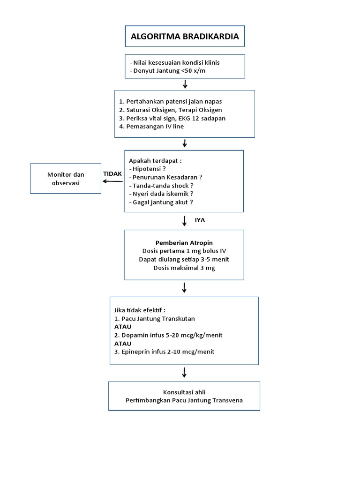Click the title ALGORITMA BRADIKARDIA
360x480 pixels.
click(184, 37)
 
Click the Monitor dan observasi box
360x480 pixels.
click(66, 179)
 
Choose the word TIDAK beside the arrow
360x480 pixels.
click(112, 173)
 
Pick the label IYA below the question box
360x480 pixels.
click(200, 220)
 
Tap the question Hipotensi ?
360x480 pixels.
click(150, 169)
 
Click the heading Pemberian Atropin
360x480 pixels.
click(184, 243)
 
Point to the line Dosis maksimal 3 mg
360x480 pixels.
click(184, 268)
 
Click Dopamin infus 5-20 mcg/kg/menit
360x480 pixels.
click(171, 335)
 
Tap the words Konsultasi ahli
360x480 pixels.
click(184, 392)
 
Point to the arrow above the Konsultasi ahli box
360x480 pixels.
click(184, 372)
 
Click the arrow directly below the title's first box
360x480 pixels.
click(185, 84)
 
